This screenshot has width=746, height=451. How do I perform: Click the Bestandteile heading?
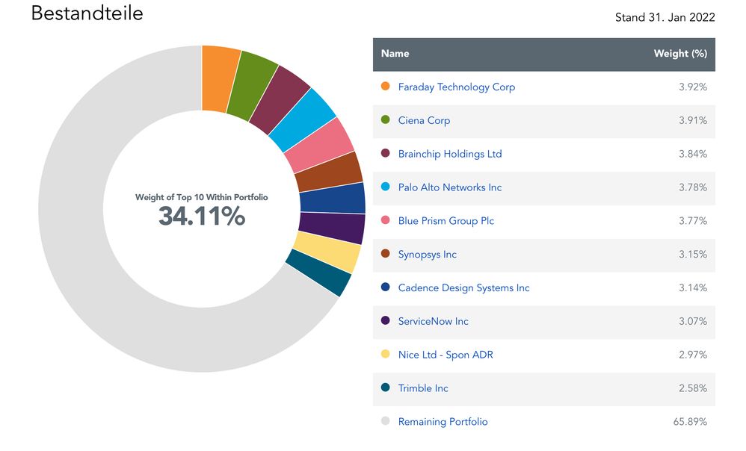point(87,13)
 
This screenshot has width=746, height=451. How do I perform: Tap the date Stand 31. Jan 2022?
point(665,17)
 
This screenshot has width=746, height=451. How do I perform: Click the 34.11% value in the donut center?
point(201,216)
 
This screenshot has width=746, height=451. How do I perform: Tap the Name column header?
point(395,54)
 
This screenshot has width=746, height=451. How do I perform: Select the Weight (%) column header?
point(680,54)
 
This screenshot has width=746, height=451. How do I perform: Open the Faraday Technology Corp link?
point(456,87)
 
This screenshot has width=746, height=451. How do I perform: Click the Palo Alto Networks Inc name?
point(450,187)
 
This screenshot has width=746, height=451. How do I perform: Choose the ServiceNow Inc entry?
point(434,321)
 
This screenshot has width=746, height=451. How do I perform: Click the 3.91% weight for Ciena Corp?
point(693,120)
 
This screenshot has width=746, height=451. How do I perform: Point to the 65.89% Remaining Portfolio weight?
point(690,422)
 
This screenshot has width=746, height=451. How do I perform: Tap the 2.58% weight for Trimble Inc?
point(693,388)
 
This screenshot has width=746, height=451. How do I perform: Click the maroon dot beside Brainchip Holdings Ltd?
point(386,154)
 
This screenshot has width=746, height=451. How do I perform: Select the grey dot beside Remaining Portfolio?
point(386,422)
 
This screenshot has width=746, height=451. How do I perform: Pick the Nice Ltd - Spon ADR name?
point(446,355)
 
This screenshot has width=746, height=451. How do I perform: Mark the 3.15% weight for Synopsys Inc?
point(693,255)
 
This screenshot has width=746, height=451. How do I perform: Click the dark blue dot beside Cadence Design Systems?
point(386,287)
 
